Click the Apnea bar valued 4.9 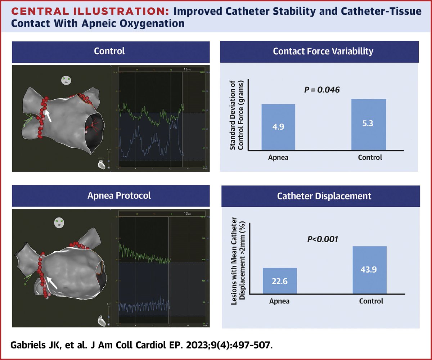[x=278, y=127]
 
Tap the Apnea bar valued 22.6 [x=280, y=280]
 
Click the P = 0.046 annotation [x=322, y=89]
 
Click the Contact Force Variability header [x=323, y=51]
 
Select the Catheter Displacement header [x=323, y=196]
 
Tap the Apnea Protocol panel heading [x=109, y=196]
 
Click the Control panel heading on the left [x=109, y=51]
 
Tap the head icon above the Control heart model [x=65, y=80]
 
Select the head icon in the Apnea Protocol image [x=59, y=222]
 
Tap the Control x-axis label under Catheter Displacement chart [x=371, y=301]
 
